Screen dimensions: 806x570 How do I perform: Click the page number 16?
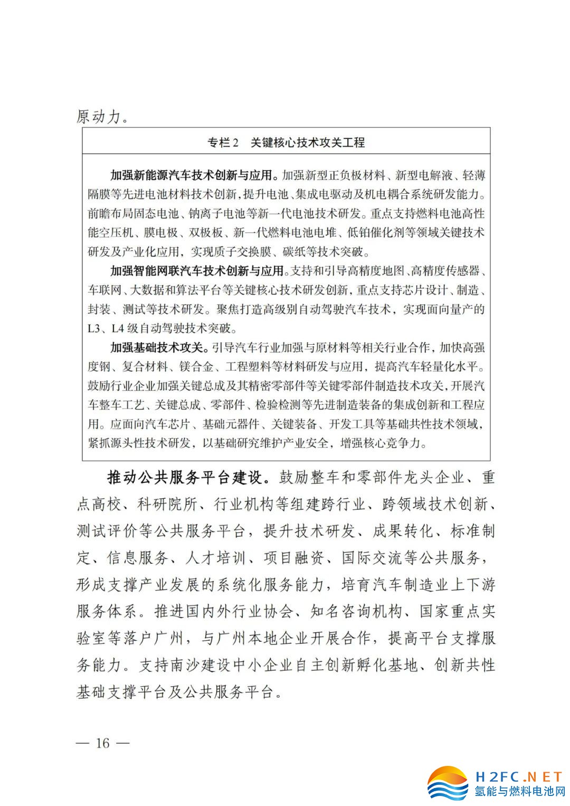pyautogui.click(x=102, y=743)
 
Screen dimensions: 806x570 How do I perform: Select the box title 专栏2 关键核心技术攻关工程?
pyautogui.click(x=286, y=143)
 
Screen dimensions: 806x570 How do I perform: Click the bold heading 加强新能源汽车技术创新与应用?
pyautogui.click(x=194, y=175)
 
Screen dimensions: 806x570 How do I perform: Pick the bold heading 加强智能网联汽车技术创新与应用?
pyautogui.click(x=197, y=271)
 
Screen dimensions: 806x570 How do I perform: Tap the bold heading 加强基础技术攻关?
pyautogui.click(x=157, y=348)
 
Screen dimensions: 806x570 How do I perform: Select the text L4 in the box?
pyautogui.click(x=117, y=329)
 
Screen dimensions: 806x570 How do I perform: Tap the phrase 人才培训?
pyautogui.click(x=216, y=558)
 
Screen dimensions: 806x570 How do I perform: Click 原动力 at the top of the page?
pyautogui.click(x=99, y=116)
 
